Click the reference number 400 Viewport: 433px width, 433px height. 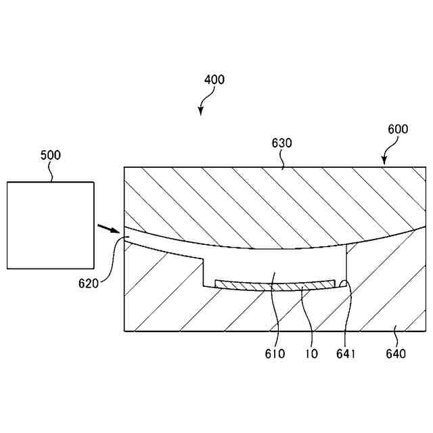pos(214,80)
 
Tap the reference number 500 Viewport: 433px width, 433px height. pos(50,155)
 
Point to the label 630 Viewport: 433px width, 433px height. pos(281,143)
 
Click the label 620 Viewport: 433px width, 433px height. pos(89,283)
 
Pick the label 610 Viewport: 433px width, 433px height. pos(275,353)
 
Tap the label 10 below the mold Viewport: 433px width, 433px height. pos(312,353)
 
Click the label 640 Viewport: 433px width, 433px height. pos(396,353)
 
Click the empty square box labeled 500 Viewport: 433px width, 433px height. pos(50,225)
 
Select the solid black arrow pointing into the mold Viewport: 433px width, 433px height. pos(105,229)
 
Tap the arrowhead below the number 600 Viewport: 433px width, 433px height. pos(384,162)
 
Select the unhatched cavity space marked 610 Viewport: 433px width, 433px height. pos(274,267)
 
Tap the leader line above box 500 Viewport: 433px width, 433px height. pos(51,173)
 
